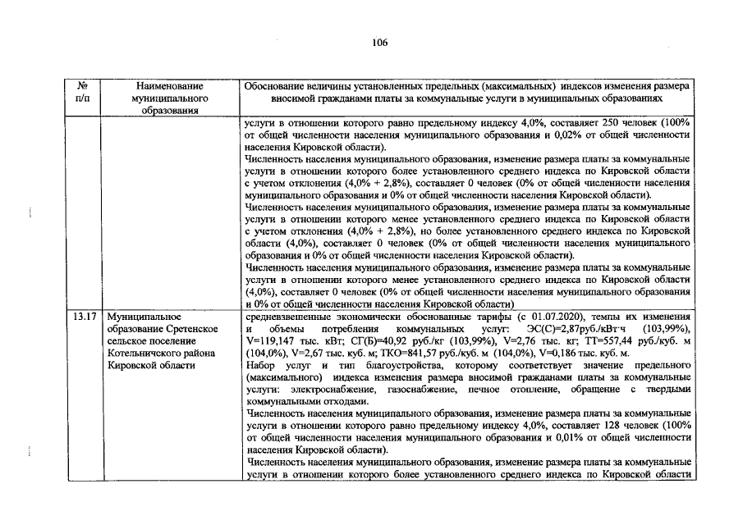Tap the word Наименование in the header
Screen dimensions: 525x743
point(170,85)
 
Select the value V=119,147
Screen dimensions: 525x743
point(271,340)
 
